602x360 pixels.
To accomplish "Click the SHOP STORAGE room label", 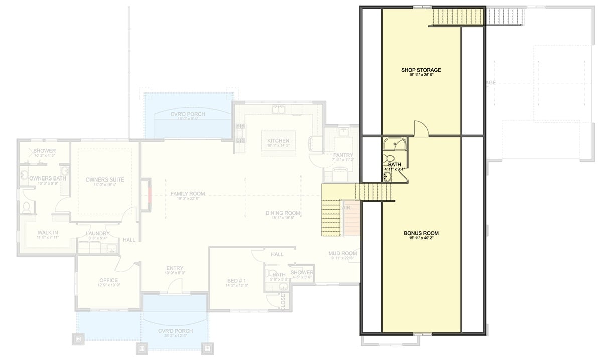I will click(421, 70).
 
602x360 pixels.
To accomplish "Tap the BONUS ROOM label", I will click(421, 233).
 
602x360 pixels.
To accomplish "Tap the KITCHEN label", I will click(278, 141).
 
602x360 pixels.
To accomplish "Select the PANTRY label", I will click(343, 155).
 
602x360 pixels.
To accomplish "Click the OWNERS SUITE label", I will click(104, 179).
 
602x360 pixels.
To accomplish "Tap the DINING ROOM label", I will click(283, 213).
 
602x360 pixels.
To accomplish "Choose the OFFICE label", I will click(108, 280).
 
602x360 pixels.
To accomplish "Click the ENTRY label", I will click(175, 268).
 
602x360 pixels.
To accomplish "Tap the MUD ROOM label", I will click(342, 254).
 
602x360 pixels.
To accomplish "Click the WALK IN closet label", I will click(48, 232).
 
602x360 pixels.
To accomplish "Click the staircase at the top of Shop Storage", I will click(458, 17).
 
